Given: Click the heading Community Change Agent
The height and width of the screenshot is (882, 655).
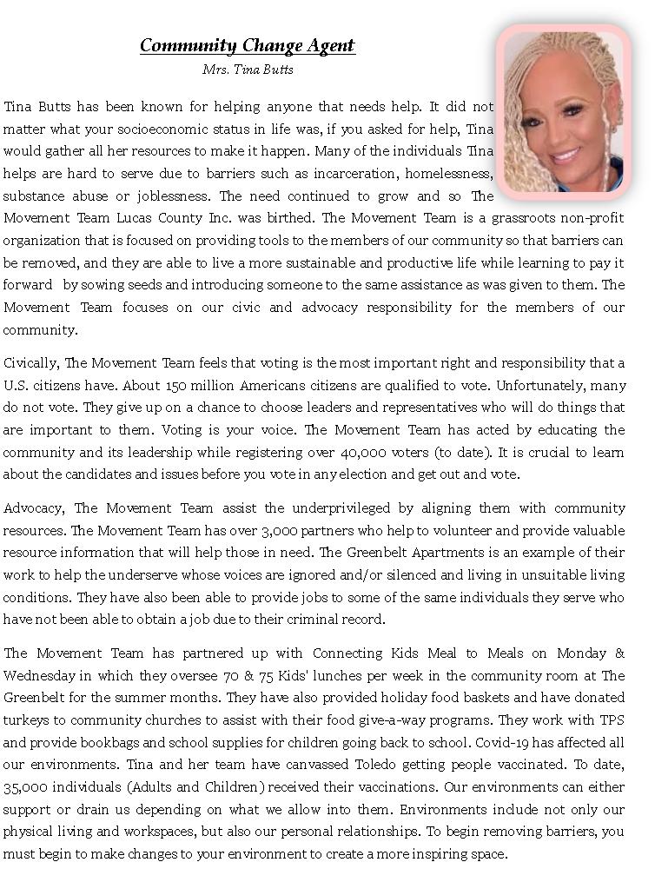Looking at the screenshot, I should click(248, 45).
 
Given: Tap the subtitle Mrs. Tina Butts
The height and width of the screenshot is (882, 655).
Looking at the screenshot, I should click(248, 70).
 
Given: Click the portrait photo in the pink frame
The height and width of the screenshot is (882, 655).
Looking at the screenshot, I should click(562, 111).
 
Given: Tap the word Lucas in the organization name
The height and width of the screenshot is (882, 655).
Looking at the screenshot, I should click(136, 218).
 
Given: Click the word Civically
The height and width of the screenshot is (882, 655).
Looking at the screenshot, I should click(31, 363).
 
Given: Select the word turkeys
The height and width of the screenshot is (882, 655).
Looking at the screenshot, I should click(27, 720).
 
